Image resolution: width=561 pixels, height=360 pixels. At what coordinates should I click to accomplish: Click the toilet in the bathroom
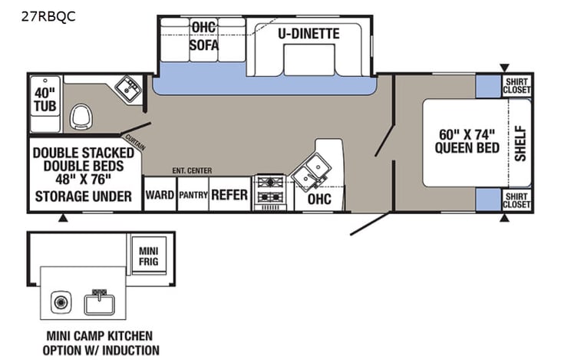click(x=81, y=117)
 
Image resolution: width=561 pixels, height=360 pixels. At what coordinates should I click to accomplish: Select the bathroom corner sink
click(x=127, y=87)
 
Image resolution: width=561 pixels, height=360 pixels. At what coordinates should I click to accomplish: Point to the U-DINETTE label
click(x=309, y=34)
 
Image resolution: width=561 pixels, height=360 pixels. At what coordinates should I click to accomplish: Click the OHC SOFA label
click(x=204, y=37)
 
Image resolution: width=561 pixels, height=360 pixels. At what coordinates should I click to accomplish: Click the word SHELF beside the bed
click(x=520, y=143)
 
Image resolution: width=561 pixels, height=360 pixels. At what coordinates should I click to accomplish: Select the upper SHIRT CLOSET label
click(x=516, y=85)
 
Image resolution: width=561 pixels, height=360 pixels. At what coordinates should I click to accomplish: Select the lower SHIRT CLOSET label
click(x=516, y=200)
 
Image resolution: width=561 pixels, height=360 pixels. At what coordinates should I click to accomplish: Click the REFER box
click(x=229, y=195)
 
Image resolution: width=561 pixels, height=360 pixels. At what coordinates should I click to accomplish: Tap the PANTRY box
click(x=193, y=195)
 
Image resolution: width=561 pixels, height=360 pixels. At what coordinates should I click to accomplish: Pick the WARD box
click(x=160, y=195)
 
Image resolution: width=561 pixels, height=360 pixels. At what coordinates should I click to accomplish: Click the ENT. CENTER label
click(x=193, y=170)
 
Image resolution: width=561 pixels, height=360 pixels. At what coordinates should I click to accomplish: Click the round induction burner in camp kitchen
click(x=60, y=300)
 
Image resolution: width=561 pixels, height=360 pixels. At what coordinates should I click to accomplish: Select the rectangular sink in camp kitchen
click(x=99, y=302)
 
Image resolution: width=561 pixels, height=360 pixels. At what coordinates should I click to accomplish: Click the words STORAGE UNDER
click(x=84, y=195)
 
